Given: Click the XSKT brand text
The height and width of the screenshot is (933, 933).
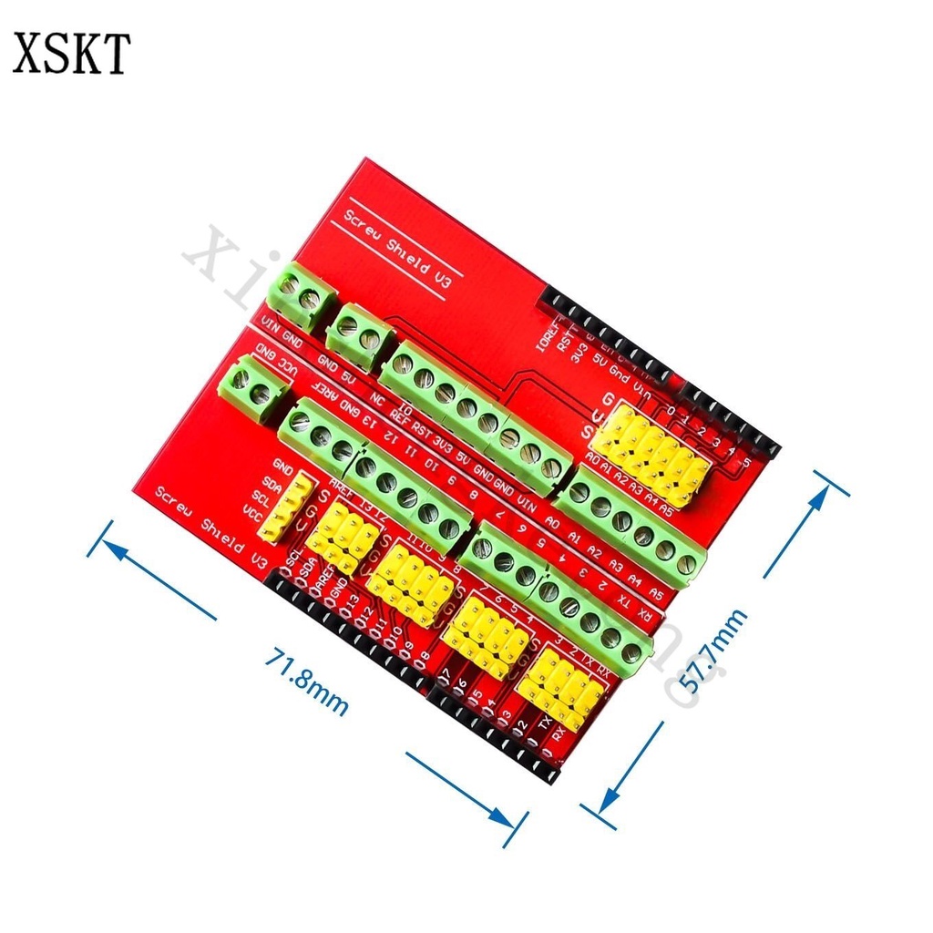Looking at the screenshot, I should click(71, 54).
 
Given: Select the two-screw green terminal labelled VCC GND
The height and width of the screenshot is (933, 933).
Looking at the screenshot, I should click(253, 390).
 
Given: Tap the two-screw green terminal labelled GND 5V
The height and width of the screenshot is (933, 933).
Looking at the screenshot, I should click(359, 337).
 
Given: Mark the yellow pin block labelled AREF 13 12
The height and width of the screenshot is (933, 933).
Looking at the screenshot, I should click(343, 539).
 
